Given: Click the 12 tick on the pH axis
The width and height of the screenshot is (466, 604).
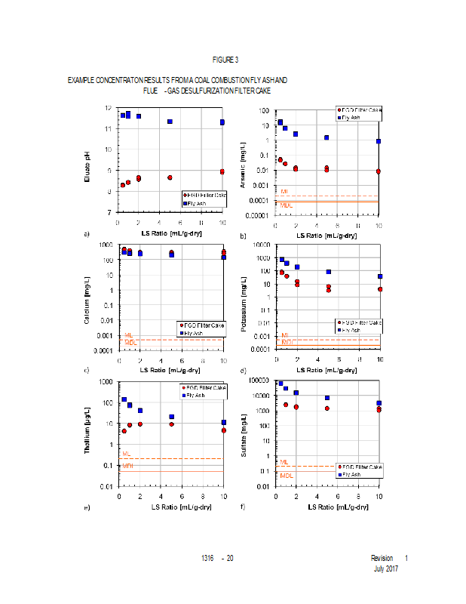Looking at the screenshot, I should pos(109,108).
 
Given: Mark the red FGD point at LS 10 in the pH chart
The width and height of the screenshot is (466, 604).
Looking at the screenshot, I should pos(222,172).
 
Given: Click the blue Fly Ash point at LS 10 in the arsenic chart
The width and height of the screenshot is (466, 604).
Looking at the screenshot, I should pos(379,141).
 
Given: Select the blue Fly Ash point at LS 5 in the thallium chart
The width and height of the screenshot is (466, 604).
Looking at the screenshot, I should pos(172,417).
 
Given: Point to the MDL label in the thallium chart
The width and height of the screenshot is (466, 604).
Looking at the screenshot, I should pos(128,467).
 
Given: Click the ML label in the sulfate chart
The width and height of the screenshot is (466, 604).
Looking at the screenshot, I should pos(284,462).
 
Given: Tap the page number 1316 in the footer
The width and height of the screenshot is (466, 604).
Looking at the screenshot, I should pos(208,558).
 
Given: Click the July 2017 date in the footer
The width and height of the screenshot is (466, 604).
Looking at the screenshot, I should pos(386,568).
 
